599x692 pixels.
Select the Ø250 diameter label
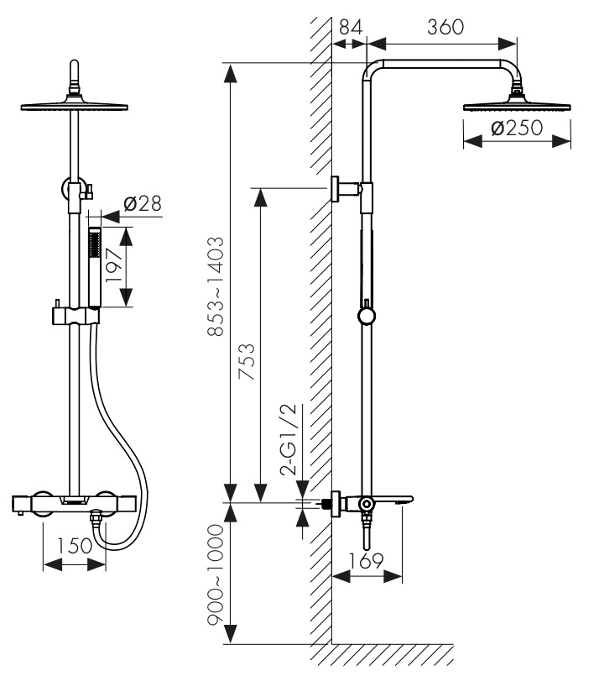[515, 128]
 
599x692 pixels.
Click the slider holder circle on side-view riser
[367, 316]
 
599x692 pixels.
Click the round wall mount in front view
[74, 188]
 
